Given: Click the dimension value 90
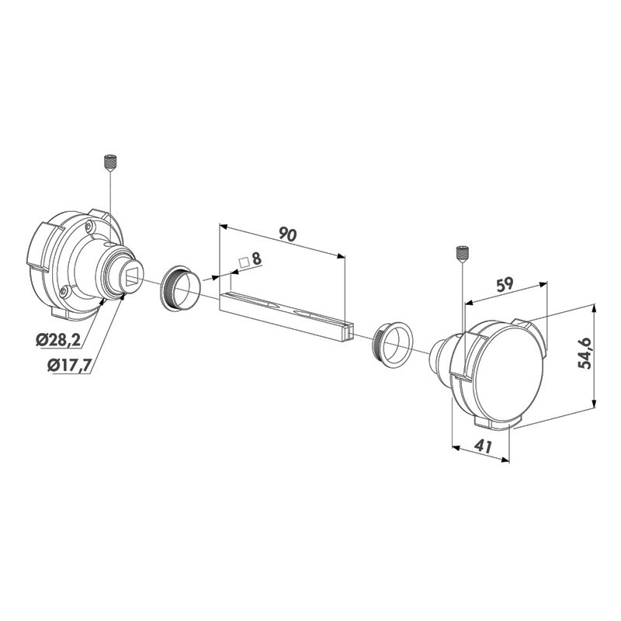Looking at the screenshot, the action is pos(287,234).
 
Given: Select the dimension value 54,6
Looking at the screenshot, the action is pos(585,354).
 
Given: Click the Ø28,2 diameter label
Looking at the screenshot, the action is pos(57,340).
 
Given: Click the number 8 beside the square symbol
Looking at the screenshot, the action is pos(257,259).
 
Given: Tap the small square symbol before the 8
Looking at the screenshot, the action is pos(244,262).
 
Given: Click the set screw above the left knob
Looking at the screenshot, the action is pos(110,162).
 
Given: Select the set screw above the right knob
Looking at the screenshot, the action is pos(462,254).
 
